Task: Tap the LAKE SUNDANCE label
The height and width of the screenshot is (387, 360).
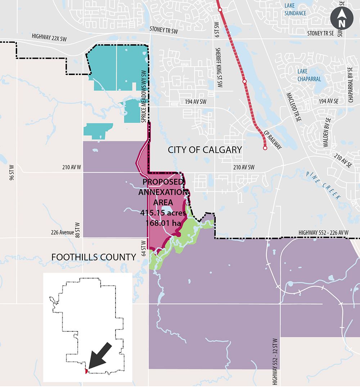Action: [295, 9]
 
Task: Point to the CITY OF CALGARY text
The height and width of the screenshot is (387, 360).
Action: [205, 150]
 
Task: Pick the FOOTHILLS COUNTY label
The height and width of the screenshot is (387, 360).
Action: [94, 257]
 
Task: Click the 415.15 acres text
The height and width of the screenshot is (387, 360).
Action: [163, 213]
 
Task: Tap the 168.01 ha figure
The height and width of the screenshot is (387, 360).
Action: [163, 223]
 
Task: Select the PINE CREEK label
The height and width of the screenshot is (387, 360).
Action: [323, 185]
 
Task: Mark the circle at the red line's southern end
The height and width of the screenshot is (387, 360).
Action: [265, 148]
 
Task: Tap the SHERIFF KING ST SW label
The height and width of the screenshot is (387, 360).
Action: [218, 68]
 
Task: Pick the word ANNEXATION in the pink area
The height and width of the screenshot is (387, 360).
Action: [163, 192]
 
